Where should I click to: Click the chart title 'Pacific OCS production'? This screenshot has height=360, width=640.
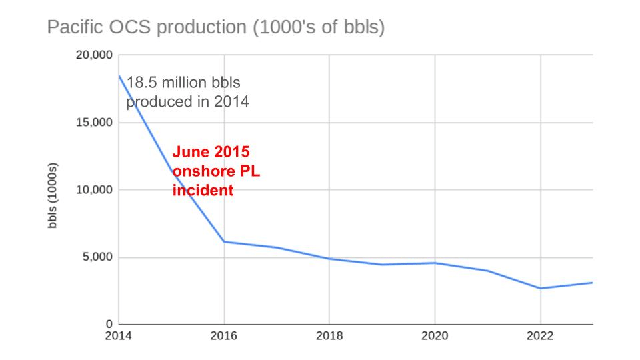tap(215, 28)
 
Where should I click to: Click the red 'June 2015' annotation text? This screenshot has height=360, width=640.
tap(212, 151)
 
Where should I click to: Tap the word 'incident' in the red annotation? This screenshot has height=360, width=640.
tap(203, 190)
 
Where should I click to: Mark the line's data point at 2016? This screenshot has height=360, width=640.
tap(224, 241)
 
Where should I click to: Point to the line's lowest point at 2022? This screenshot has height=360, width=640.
tap(540, 289)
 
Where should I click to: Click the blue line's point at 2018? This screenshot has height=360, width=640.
tap(329, 259)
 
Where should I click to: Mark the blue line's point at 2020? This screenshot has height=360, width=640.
tap(435, 263)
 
